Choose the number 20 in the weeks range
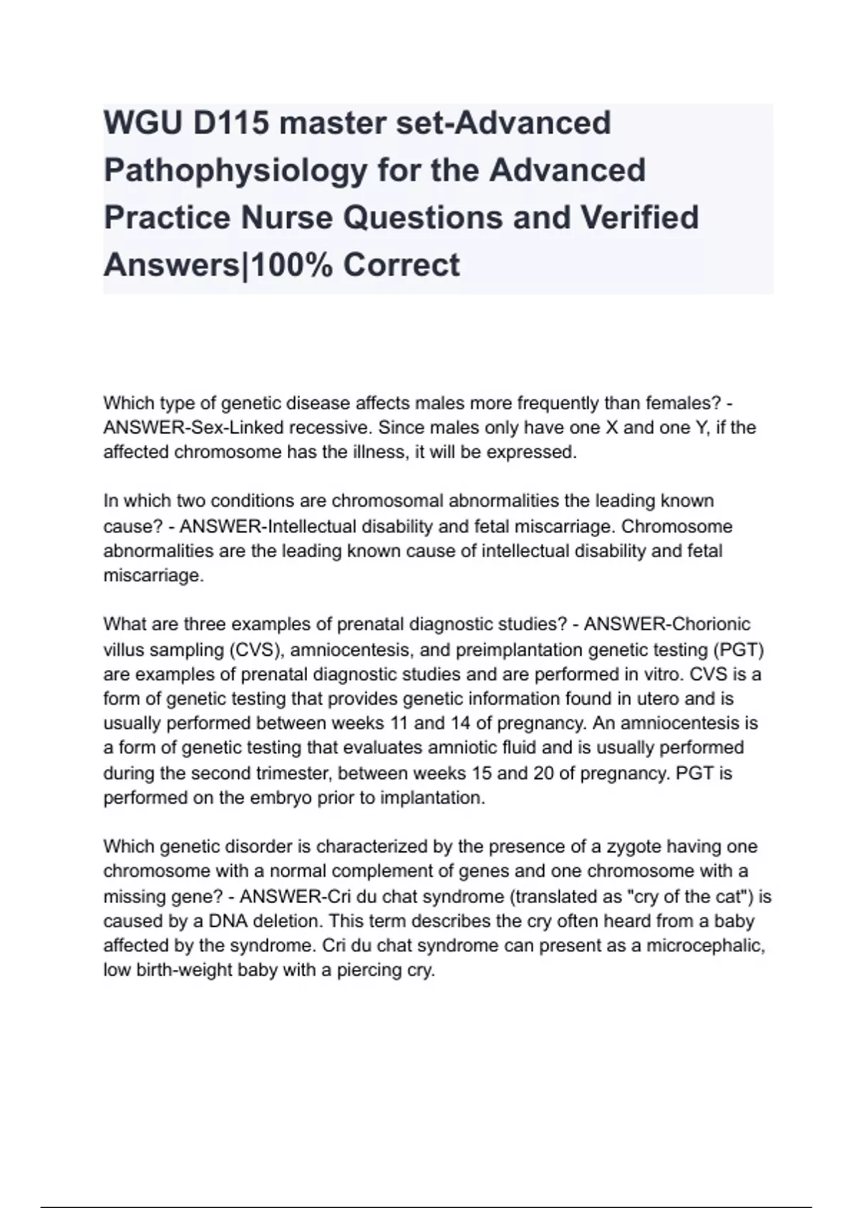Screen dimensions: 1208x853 543,773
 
